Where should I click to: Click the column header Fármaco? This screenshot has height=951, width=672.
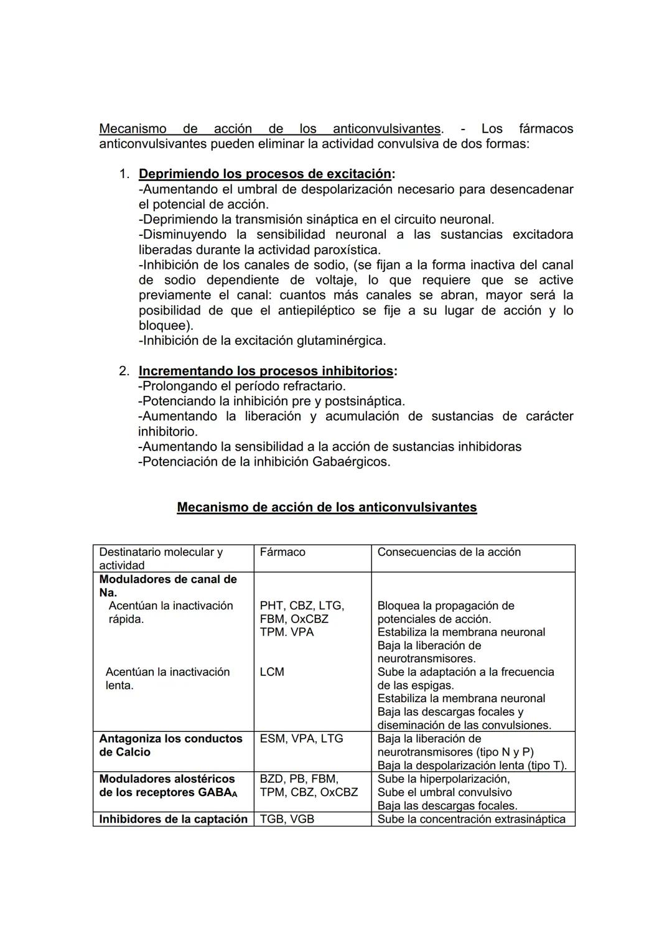(x=282, y=552)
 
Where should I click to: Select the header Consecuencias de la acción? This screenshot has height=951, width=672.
(x=449, y=552)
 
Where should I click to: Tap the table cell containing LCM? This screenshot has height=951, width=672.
(x=272, y=672)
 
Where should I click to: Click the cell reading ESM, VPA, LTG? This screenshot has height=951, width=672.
(x=301, y=739)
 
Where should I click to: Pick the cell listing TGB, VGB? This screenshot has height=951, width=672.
(x=287, y=819)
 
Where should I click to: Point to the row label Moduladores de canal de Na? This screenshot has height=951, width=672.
(x=168, y=586)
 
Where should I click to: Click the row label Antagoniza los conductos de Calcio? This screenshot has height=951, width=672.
(x=170, y=745)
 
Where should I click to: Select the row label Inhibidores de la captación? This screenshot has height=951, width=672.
(x=173, y=819)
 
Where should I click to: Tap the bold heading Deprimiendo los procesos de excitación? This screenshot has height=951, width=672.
(x=265, y=174)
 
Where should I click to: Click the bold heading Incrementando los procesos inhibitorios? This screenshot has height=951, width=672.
(x=266, y=371)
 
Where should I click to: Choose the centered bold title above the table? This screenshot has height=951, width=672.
(x=327, y=507)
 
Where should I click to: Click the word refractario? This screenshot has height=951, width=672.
(x=309, y=386)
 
